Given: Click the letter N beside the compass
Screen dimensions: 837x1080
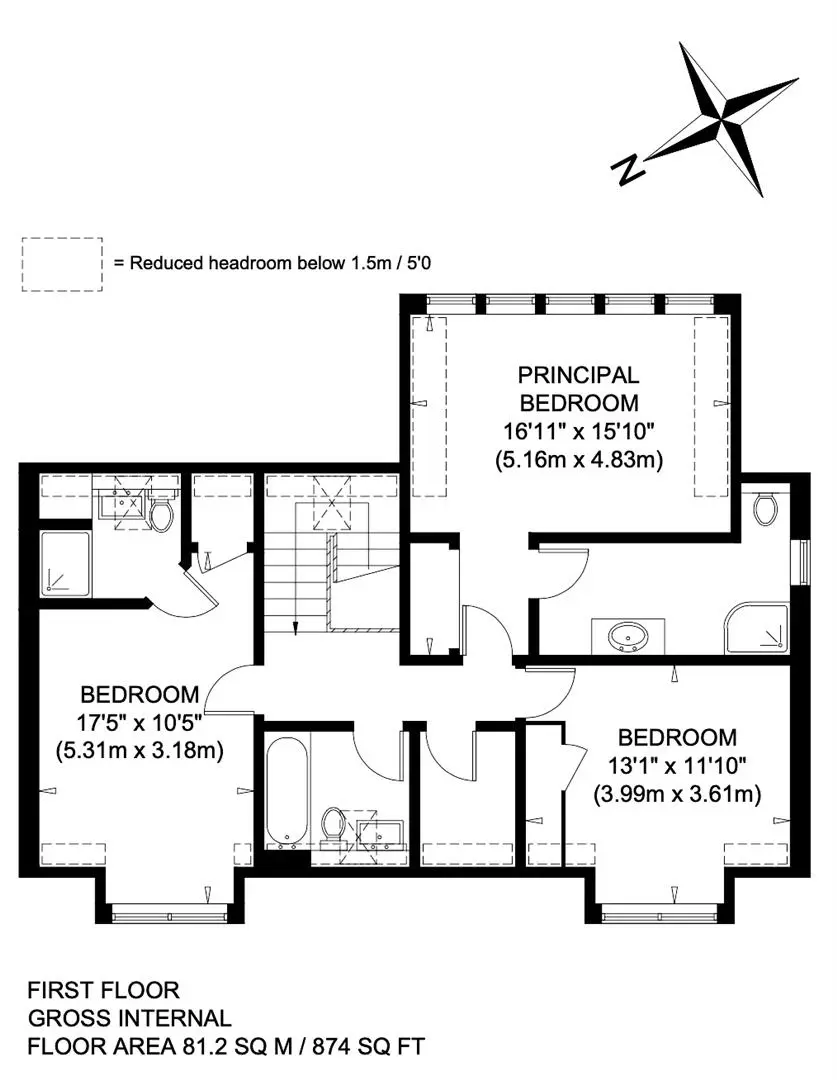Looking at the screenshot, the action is click(x=628, y=169).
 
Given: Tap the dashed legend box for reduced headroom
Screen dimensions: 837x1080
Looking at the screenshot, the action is click(x=62, y=264).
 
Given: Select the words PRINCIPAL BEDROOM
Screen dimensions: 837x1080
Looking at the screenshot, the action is click(x=579, y=388).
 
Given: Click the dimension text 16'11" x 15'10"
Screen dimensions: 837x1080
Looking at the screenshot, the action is click(x=579, y=431).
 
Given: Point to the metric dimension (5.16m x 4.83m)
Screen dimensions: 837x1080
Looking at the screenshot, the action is click(x=579, y=459).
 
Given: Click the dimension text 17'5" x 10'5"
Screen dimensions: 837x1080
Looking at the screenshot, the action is click(x=139, y=723).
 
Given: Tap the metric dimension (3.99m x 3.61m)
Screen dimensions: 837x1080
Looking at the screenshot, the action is click(x=677, y=795).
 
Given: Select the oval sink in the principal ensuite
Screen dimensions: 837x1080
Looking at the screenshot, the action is click(x=628, y=636).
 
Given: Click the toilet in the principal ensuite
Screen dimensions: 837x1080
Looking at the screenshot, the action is click(x=765, y=507).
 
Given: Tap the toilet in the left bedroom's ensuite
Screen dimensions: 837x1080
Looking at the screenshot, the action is click(x=161, y=515).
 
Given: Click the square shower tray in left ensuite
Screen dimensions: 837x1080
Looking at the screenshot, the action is click(x=65, y=563).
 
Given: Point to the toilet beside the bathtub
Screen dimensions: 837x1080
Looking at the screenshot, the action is click(x=333, y=826).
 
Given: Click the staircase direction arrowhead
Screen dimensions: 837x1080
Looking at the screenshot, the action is click(x=296, y=627).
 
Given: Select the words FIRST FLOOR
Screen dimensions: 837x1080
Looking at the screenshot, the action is click(x=103, y=990).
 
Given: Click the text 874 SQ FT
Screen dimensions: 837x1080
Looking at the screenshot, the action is click(x=369, y=1047).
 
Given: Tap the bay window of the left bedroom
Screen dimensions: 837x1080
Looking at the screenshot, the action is click(x=169, y=916).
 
